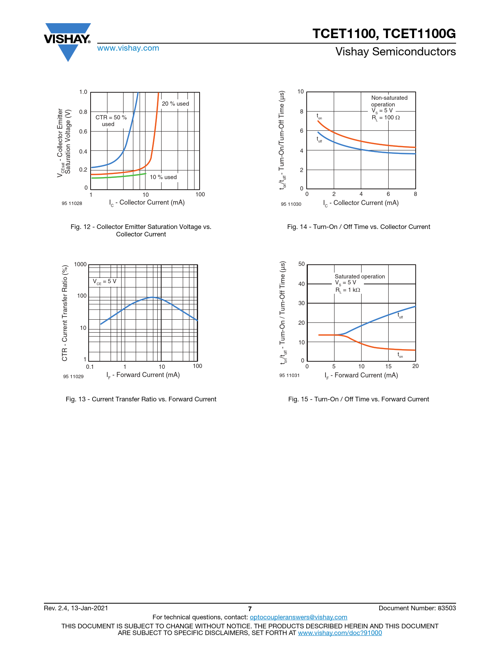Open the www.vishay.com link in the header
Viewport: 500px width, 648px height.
[x=128, y=48]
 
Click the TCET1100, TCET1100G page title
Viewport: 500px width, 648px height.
[x=384, y=34]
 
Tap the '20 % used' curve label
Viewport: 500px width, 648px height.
[x=175, y=104]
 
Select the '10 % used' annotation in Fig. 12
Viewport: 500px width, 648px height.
[x=163, y=177]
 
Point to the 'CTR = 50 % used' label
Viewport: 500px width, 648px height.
[x=111, y=121]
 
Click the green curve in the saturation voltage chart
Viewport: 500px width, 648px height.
[x=118, y=176]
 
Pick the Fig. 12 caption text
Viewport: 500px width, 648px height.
[x=141, y=231]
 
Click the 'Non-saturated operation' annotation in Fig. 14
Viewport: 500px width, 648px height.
[x=389, y=101]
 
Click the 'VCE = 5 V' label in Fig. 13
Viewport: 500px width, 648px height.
[x=104, y=282]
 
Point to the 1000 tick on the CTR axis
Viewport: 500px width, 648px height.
[x=80, y=264]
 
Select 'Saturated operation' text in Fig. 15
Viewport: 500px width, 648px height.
[x=360, y=276]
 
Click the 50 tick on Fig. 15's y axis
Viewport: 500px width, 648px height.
[x=301, y=264]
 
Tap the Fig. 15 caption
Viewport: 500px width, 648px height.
[x=358, y=399]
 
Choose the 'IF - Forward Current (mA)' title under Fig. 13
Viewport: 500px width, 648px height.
[x=143, y=375]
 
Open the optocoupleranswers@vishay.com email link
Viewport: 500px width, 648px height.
[x=298, y=617]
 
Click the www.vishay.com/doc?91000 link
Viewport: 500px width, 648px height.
[x=340, y=633]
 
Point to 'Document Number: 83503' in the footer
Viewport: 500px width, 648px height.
[x=417, y=608]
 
